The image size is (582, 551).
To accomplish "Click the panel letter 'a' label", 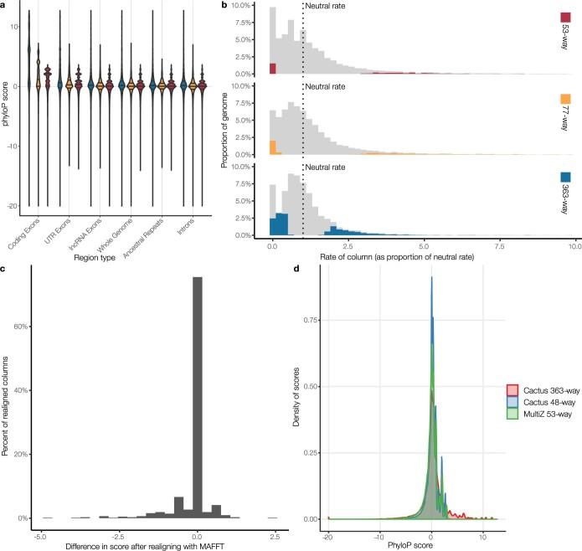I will (5, 5).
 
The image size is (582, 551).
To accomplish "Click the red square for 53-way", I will (565, 18).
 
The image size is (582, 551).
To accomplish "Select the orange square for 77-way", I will (565, 99).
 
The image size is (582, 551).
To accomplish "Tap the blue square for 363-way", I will (565, 178).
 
